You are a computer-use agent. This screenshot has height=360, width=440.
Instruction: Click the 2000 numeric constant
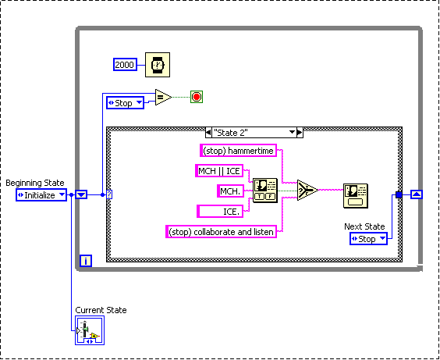(125, 65)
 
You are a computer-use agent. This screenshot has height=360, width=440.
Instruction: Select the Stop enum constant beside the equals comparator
(125, 102)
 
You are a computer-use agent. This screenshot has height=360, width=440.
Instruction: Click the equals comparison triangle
(162, 98)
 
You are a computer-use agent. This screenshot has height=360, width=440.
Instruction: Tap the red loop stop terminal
(196, 98)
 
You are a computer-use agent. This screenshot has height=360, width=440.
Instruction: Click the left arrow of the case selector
(208, 133)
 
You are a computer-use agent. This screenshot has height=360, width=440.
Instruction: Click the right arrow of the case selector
(299, 133)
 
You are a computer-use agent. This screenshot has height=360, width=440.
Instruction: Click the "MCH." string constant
(232, 191)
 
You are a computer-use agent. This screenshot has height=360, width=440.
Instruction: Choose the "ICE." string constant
(222, 211)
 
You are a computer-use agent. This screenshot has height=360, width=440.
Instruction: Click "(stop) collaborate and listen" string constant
(222, 231)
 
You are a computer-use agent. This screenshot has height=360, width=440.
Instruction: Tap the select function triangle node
(307, 191)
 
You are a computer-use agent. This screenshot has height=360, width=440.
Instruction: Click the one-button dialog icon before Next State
(356, 196)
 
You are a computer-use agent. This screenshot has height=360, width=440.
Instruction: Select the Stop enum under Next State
(367, 238)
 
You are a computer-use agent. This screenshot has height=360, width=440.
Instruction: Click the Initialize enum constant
(41, 195)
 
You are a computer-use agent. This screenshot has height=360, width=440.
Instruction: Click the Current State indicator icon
(90, 331)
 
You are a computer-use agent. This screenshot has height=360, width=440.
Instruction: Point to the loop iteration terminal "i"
(86, 261)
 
